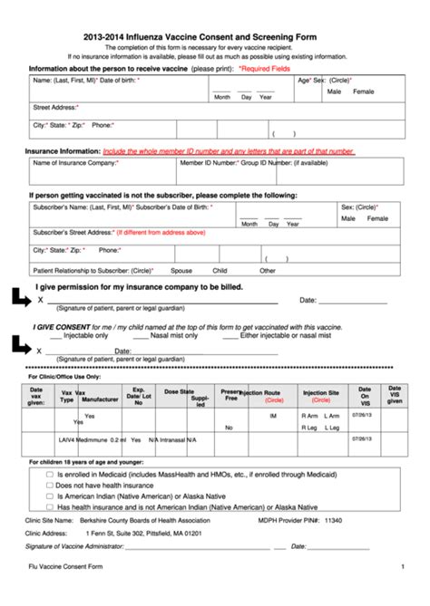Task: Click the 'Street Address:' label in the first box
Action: pyautogui.click(x=55, y=107)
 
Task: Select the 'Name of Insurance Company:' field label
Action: pyautogui.click(x=75, y=163)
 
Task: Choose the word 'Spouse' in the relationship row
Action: pyautogui.click(x=181, y=270)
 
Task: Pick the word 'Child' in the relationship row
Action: pyautogui.click(x=220, y=270)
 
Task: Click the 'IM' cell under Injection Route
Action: pyautogui.click(x=273, y=416)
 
